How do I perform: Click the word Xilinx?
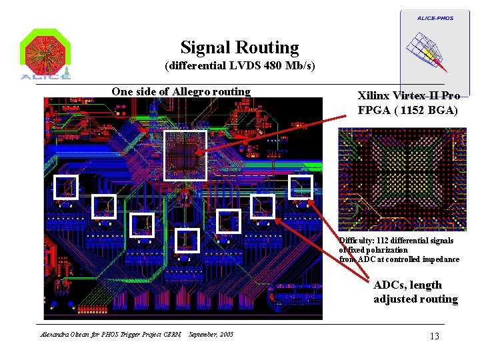tap(373, 96)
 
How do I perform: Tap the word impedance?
tap(441, 259)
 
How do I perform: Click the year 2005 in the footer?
tap(227, 335)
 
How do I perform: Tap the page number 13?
tap(434, 336)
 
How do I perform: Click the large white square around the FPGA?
tap(185, 155)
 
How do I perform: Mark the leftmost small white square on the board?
tap(66, 187)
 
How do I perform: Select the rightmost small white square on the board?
tap(301, 187)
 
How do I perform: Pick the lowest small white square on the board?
tap(187, 241)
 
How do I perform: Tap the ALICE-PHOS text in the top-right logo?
tap(435, 18)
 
